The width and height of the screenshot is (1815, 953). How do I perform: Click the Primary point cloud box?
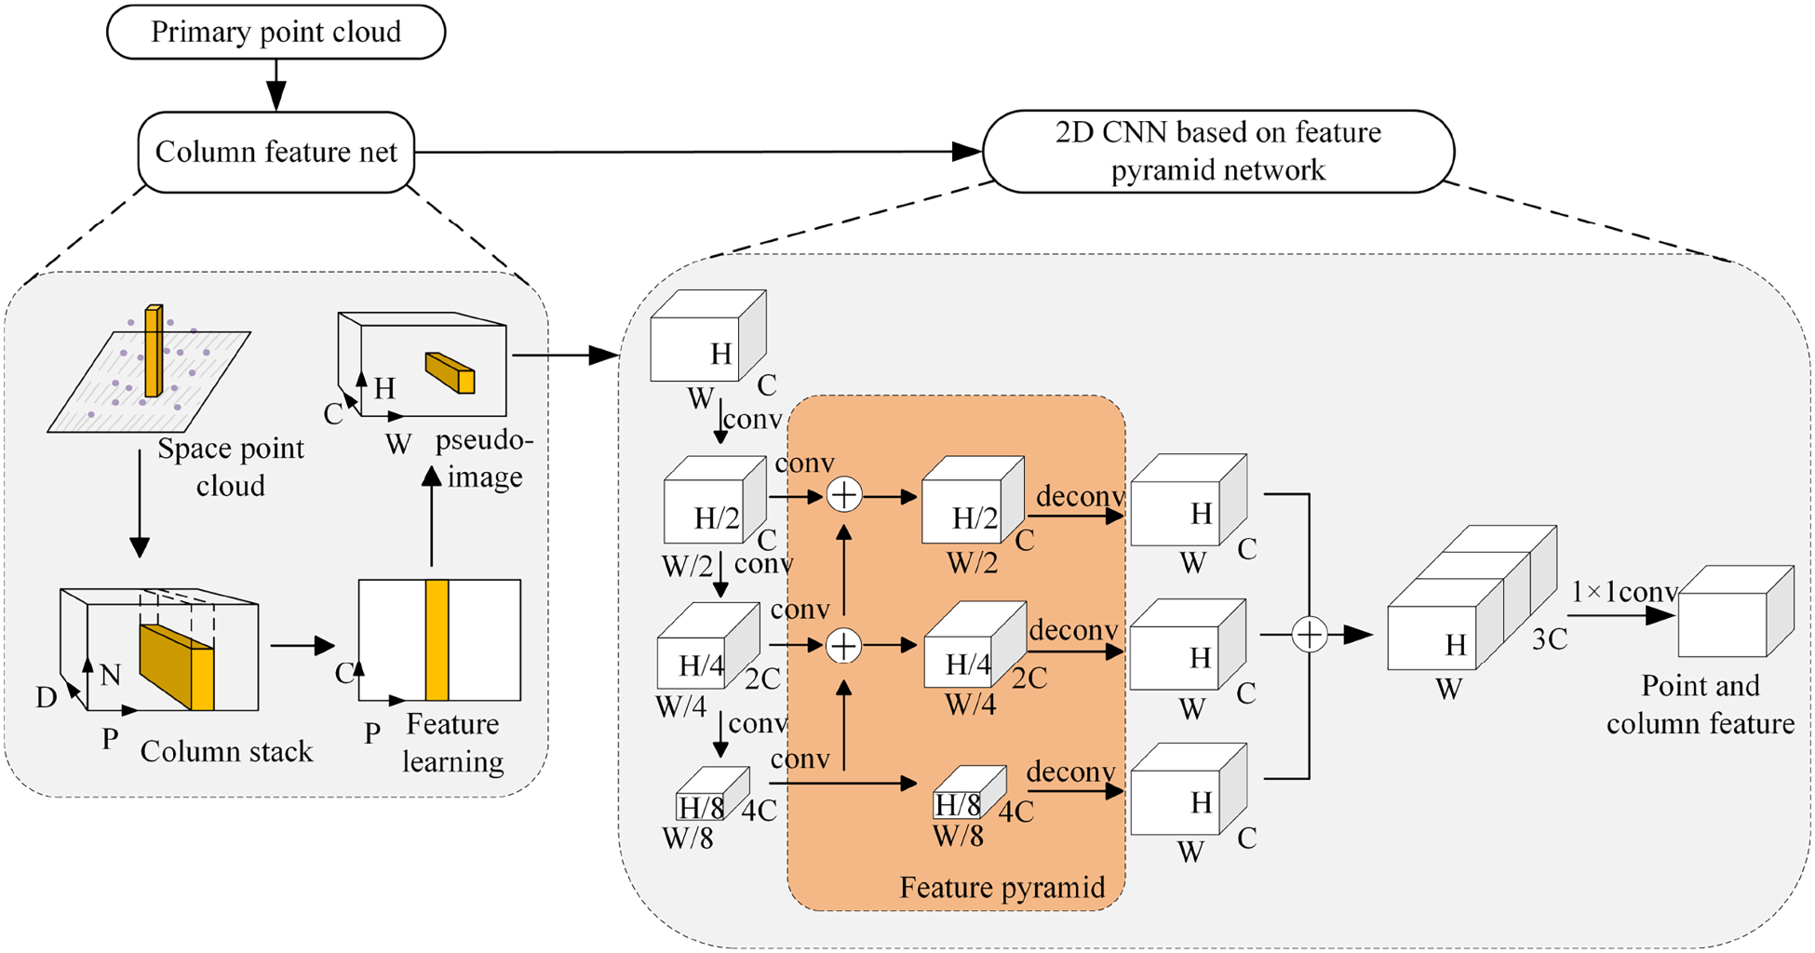pyautogui.click(x=276, y=32)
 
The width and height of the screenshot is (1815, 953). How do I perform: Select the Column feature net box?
pyautogui.click(x=276, y=152)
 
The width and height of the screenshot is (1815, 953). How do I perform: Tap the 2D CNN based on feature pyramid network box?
pyautogui.click(x=1218, y=152)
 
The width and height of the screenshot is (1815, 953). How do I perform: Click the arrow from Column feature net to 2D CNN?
pyautogui.click(x=699, y=152)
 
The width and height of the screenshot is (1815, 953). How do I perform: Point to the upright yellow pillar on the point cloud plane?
pyautogui.click(x=154, y=351)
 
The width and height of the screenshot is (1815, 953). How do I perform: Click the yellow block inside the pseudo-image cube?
pyautogui.click(x=450, y=372)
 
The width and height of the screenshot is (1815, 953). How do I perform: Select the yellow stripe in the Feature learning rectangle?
pyautogui.click(x=437, y=640)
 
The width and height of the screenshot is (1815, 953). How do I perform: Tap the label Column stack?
pyautogui.click(x=226, y=751)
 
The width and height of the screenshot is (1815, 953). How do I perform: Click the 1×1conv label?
pyautogui.click(x=1624, y=591)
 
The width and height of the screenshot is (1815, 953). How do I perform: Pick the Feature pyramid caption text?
pyautogui.click(x=1002, y=887)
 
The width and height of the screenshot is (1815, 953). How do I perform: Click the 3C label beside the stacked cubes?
pyautogui.click(x=1550, y=638)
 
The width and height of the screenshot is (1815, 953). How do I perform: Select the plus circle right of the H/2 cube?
pyautogui.click(x=844, y=495)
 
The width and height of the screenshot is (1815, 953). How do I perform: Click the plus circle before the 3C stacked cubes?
pyautogui.click(x=1310, y=635)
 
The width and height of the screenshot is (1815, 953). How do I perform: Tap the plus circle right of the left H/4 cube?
pyautogui.click(x=843, y=646)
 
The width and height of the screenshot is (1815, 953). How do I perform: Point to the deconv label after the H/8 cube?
pyautogui.click(x=1070, y=772)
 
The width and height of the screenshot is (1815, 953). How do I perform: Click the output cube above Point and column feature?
pyautogui.click(x=1736, y=611)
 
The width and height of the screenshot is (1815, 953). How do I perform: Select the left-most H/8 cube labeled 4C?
pyautogui.click(x=712, y=793)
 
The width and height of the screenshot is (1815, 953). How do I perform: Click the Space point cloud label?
pyautogui.click(x=231, y=466)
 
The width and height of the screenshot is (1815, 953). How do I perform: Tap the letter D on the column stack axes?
pyautogui.click(x=46, y=696)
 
